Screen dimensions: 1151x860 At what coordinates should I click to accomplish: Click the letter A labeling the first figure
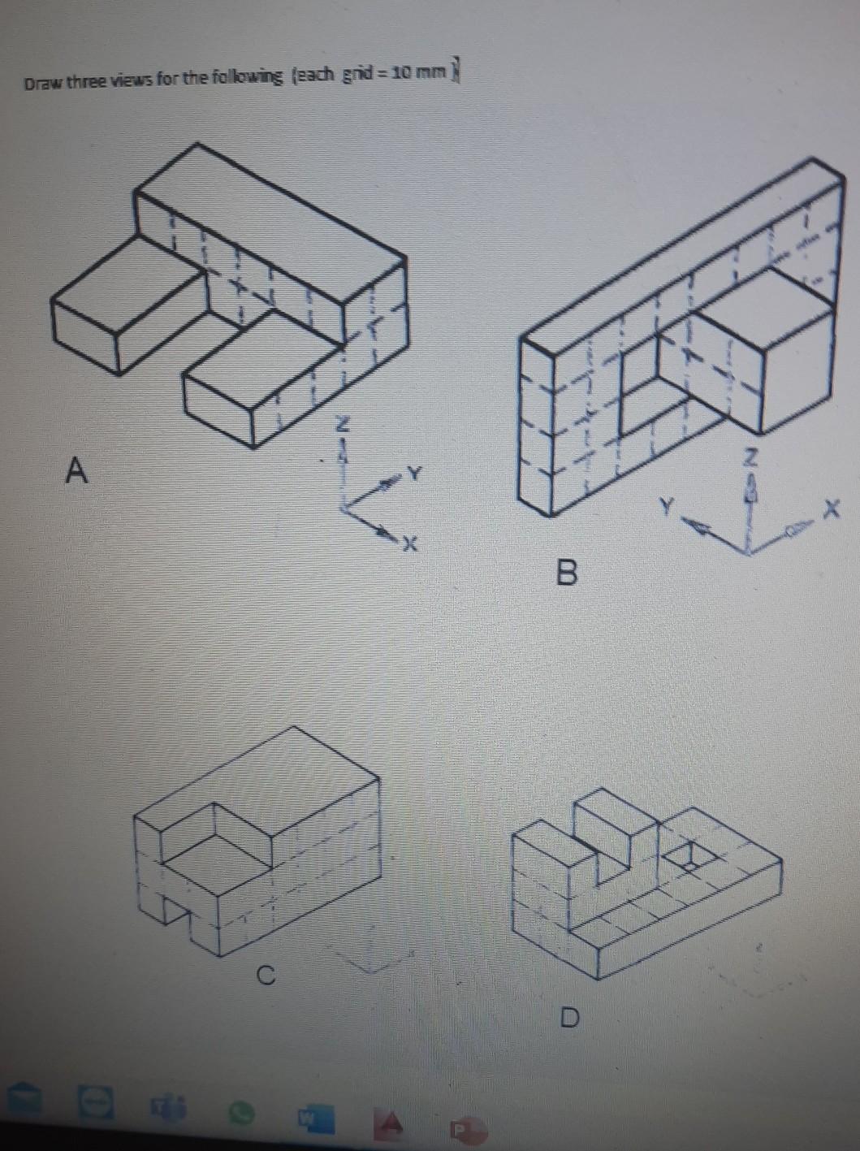pyautogui.click(x=76, y=470)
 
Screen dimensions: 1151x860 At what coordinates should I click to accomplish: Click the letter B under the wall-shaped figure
pyautogui.click(x=568, y=573)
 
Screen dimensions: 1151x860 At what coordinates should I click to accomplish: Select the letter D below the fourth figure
pyautogui.click(x=572, y=1017)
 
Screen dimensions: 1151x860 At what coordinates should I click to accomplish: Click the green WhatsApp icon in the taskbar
pyautogui.click(x=241, y=1111)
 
